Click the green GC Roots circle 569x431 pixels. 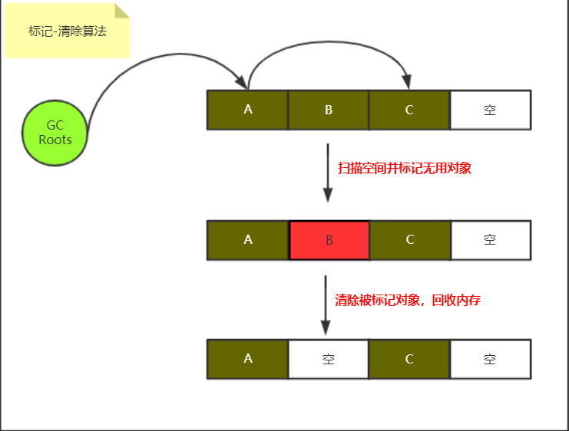coord(55,133)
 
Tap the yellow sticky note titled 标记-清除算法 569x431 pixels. coord(67,31)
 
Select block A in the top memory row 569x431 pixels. coord(247,110)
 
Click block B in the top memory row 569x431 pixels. coord(329,110)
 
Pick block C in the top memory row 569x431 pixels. coord(409,110)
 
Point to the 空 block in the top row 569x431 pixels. coord(490,110)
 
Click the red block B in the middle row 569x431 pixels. coord(329,240)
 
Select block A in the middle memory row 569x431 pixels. coord(247,240)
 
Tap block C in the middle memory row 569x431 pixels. coord(409,240)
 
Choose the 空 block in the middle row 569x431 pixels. coord(490,240)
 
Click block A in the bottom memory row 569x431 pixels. coord(247,359)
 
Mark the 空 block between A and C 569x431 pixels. coord(329,359)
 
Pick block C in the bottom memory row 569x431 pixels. coord(409,359)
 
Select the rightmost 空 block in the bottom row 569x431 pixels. coord(490,359)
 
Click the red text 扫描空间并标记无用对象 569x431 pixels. coord(405,168)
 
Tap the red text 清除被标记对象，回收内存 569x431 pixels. coord(408,300)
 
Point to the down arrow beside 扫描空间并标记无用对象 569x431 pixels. coord(328,173)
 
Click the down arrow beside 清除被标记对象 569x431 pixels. coord(326,304)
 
